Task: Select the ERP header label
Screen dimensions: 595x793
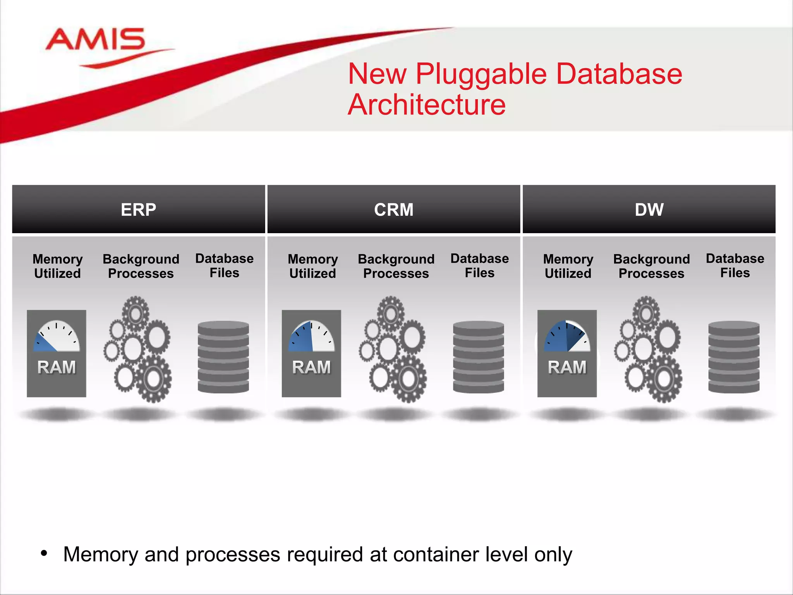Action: [138, 210]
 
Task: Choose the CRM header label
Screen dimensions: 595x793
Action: [393, 210]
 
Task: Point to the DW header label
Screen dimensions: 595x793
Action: [649, 210]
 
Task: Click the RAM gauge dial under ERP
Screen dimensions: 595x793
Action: [57, 337]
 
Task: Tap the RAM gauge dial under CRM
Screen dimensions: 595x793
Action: [311, 337]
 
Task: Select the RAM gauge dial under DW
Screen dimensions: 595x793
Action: [567, 337]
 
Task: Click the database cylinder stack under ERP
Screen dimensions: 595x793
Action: [223, 357]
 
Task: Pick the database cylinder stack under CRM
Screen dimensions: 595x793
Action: [479, 357]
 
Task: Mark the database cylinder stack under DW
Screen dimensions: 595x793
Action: [734, 357]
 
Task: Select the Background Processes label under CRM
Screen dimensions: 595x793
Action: [396, 266]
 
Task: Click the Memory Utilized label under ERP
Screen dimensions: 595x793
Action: [57, 266]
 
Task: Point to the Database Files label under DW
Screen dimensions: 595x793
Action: [735, 265]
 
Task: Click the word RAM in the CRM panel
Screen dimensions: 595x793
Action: [311, 367]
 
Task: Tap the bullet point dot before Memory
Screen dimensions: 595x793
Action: [44, 553]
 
